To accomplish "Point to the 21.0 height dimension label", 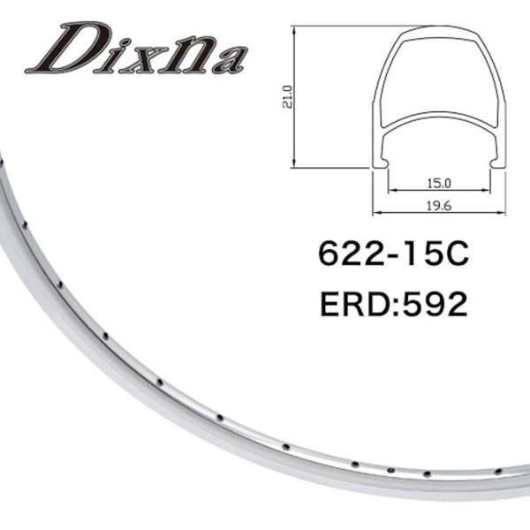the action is (x=287, y=96).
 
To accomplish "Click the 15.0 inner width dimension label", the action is (x=439, y=183).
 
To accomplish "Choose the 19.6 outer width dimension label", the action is (x=439, y=206).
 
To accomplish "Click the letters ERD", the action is (x=355, y=304).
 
